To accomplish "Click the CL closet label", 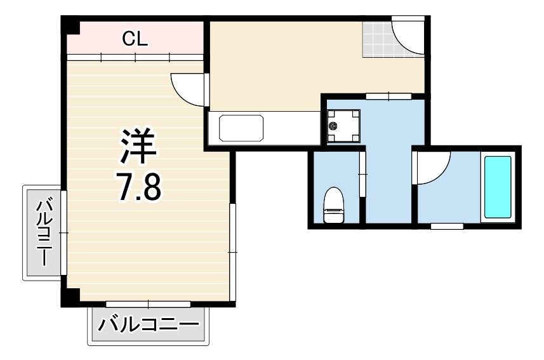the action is (x=135, y=39).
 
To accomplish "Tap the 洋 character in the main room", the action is (x=138, y=146).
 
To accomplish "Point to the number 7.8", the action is (x=139, y=188).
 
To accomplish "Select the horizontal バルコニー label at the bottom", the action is (x=149, y=324).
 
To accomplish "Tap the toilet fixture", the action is (x=333, y=205).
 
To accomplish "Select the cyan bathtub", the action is (x=498, y=187).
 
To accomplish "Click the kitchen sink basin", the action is (x=241, y=128).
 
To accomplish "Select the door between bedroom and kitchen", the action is (x=189, y=90).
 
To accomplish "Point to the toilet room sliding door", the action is (x=362, y=173).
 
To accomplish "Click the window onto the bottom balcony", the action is (x=148, y=305).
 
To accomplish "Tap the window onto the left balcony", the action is (x=63, y=232).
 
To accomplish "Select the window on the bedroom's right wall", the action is (x=232, y=252).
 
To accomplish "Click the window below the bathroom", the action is (x=448, y=226).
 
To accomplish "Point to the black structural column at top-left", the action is (x=70, y=25).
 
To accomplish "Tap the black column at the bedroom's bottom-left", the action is (x=70, y=298).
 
